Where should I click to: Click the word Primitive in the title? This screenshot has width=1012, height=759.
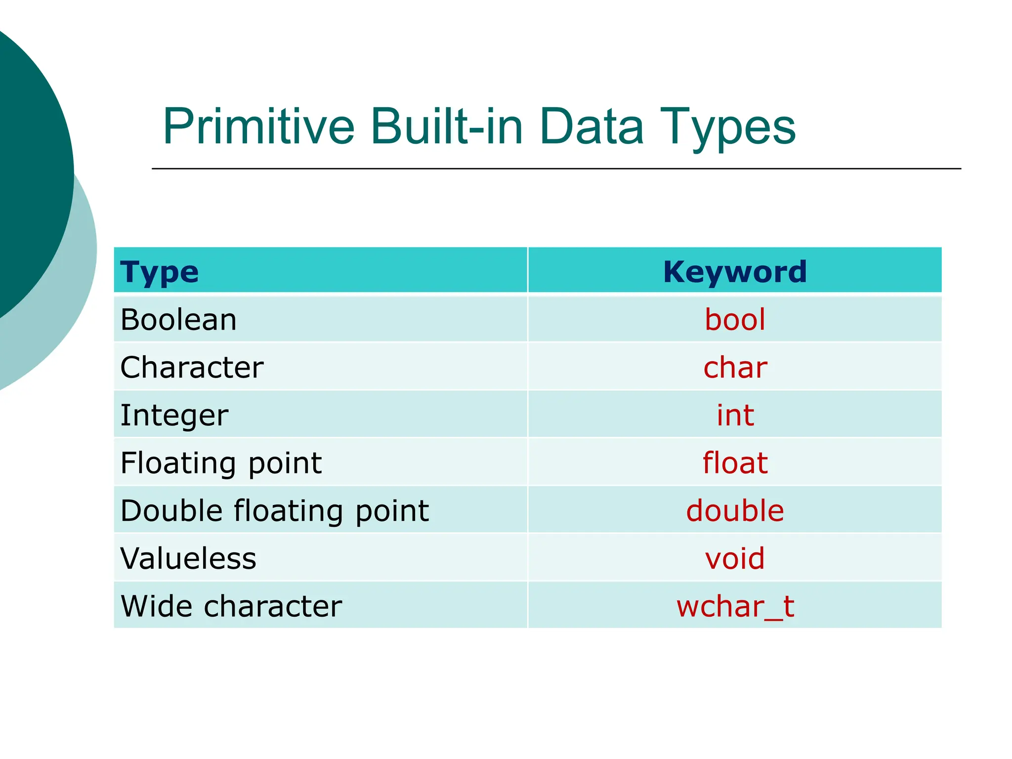[258, 127]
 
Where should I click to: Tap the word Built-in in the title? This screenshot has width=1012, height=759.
[446, 127]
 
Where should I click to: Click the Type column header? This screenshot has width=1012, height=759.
[159, 272]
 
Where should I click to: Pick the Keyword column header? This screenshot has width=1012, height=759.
[735, 271]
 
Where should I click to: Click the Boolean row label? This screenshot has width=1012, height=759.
[178, 320]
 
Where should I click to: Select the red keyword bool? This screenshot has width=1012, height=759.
[735, 320]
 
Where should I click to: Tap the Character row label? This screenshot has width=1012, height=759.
[192, 367]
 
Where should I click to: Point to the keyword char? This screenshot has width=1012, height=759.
[735, 368]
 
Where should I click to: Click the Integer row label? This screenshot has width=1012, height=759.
[174, 415]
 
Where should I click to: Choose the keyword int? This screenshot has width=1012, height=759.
[735, 415]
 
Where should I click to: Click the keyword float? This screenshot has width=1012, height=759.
[735, 463]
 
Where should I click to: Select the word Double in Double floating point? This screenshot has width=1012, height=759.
[170, 510]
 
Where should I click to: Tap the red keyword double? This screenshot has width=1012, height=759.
[735, 510]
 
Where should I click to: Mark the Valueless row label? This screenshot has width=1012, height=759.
[188, 558]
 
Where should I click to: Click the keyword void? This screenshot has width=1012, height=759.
[735, 558]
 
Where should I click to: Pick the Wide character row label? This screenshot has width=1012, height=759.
[231, 606]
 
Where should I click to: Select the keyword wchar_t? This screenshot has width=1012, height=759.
[735, 606]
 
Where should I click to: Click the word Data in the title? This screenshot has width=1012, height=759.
[591, 127]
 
